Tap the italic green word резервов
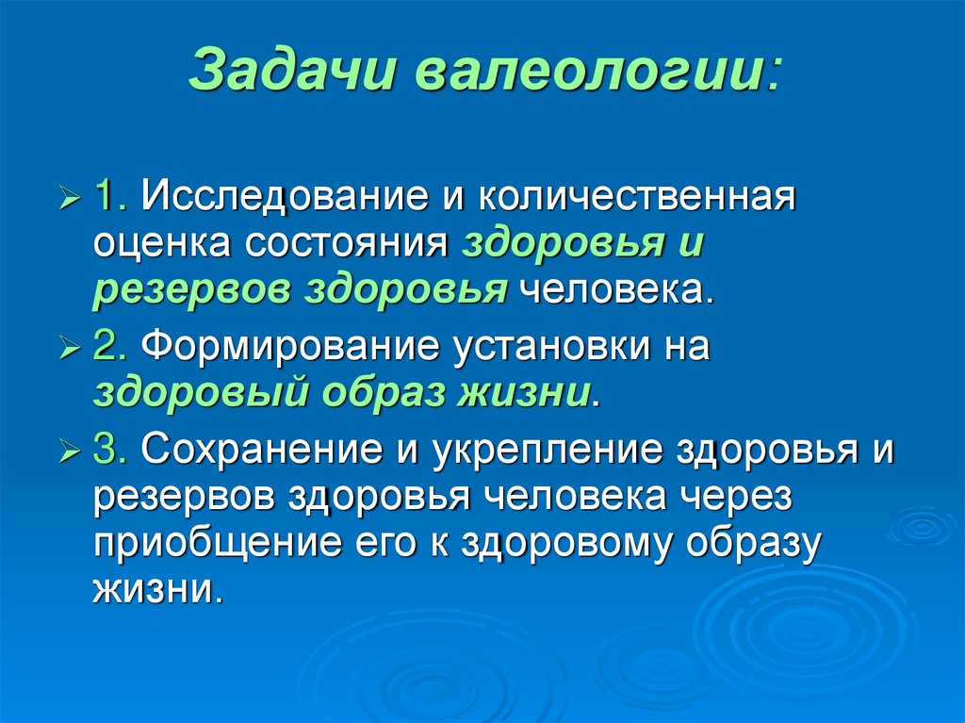pos(191,292)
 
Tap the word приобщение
pos(198,544)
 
